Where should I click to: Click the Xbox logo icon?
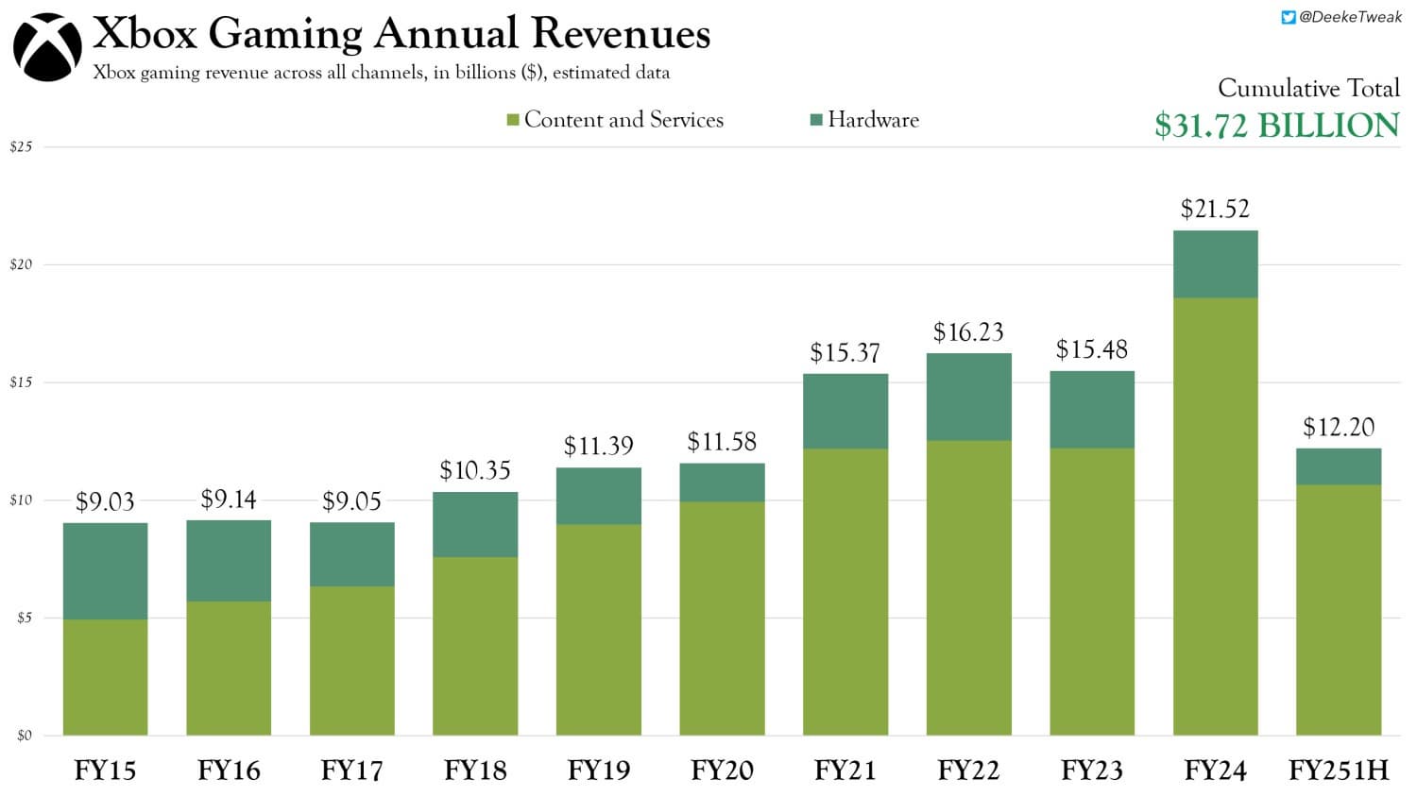[47, 47]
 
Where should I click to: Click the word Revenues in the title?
[621, 34]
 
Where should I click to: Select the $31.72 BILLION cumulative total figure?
[1276, 126]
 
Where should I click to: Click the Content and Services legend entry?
[616, 120]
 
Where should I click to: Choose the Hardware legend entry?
[865, 120]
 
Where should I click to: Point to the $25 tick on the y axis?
[21, 147]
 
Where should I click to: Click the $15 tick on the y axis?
[21, 382]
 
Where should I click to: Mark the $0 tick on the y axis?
[24, 736]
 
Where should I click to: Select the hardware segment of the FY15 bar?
[105, 571]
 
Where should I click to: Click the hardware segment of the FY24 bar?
[1215, 264]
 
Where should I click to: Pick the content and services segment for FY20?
[722, 618]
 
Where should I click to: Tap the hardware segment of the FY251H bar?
[1339, 466]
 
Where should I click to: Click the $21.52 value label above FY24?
[1215, 209]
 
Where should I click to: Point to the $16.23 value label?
[968, 332]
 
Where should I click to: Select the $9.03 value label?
[105, 501]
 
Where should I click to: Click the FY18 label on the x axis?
[475, 771]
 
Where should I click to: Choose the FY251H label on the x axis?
[1339, 771]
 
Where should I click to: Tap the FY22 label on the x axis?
[968, 771]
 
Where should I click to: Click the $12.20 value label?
[1339, 427]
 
